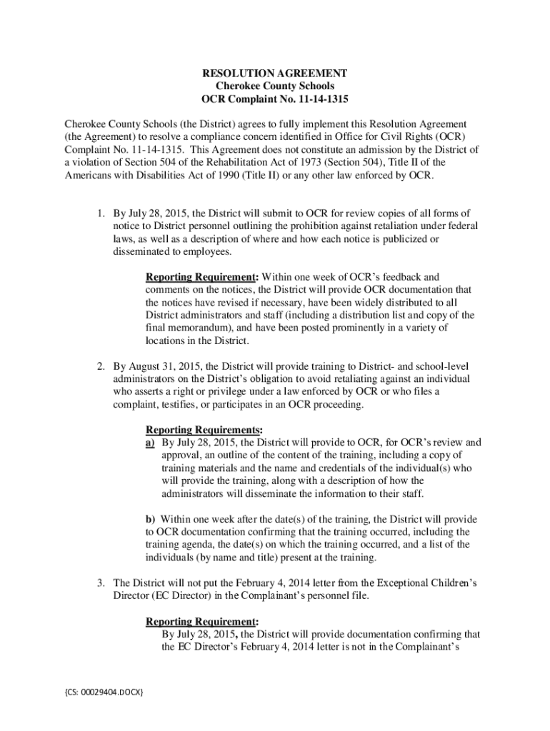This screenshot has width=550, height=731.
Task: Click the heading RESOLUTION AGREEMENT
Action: [275, 74]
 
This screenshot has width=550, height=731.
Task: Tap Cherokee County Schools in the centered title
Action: [275, 86]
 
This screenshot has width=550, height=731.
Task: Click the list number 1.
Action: [102, 213]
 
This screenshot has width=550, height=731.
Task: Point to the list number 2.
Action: [102, 366]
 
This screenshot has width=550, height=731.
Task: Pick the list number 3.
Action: [102, 583]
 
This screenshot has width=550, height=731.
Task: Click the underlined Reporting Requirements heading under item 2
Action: [204, 430]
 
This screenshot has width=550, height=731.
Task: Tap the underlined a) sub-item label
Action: [151, 443]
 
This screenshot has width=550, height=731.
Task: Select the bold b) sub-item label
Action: [151, 519]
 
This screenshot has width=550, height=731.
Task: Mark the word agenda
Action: [198, 545]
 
